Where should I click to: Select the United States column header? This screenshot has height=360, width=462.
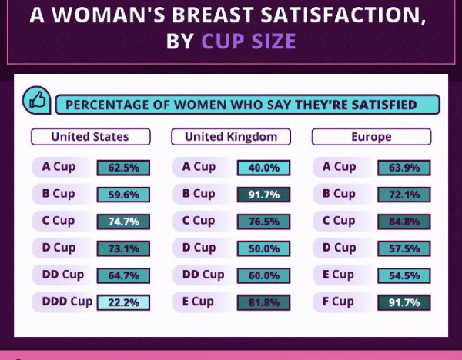(90, 137)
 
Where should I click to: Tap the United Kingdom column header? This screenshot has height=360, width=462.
(231, 137)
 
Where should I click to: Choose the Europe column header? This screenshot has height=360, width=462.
(371, 137)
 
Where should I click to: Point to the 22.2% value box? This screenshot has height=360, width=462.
(123, 302)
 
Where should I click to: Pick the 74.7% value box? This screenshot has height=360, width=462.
(123, 222)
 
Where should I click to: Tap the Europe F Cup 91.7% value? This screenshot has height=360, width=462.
(404, 302)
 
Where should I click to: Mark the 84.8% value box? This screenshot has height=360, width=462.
(404, 222)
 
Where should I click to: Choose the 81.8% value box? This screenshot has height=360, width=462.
(263, 302)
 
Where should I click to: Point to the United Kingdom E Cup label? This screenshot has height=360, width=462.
(199, 302)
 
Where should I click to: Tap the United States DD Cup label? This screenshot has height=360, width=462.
(62, 275)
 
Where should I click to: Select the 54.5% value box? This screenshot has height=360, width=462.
(404, 275)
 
